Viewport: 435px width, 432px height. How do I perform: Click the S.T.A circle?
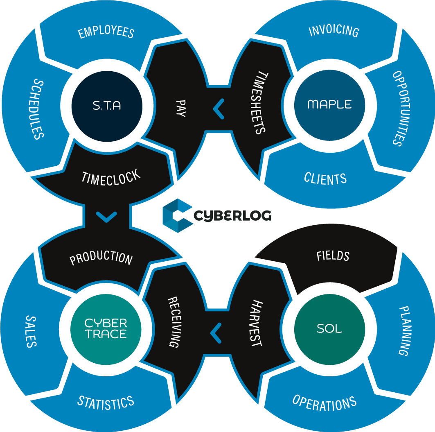click(107, 106)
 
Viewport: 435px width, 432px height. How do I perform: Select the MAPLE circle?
click(329, 104)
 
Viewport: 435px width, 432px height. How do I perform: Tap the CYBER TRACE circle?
click(106, 329)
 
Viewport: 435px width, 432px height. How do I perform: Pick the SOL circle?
click(329, 329)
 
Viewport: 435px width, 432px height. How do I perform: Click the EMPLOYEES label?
click(106, 32)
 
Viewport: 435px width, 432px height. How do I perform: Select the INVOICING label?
click(334, 31)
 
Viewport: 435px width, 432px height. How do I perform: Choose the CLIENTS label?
click(325, 179)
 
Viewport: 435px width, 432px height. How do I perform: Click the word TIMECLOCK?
click(111, 178)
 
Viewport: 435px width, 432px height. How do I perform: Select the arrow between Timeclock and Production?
click(106, 216)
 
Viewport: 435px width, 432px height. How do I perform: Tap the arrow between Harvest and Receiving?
click(216, 332)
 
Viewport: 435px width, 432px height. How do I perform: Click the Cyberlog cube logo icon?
click(178, 215)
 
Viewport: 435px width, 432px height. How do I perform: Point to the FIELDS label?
click(333, 256)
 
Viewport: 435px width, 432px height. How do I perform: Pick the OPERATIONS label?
click(325, 403)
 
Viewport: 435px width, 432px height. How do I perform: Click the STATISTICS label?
click(106, 403)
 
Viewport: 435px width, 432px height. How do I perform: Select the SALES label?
click(31, 331)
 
